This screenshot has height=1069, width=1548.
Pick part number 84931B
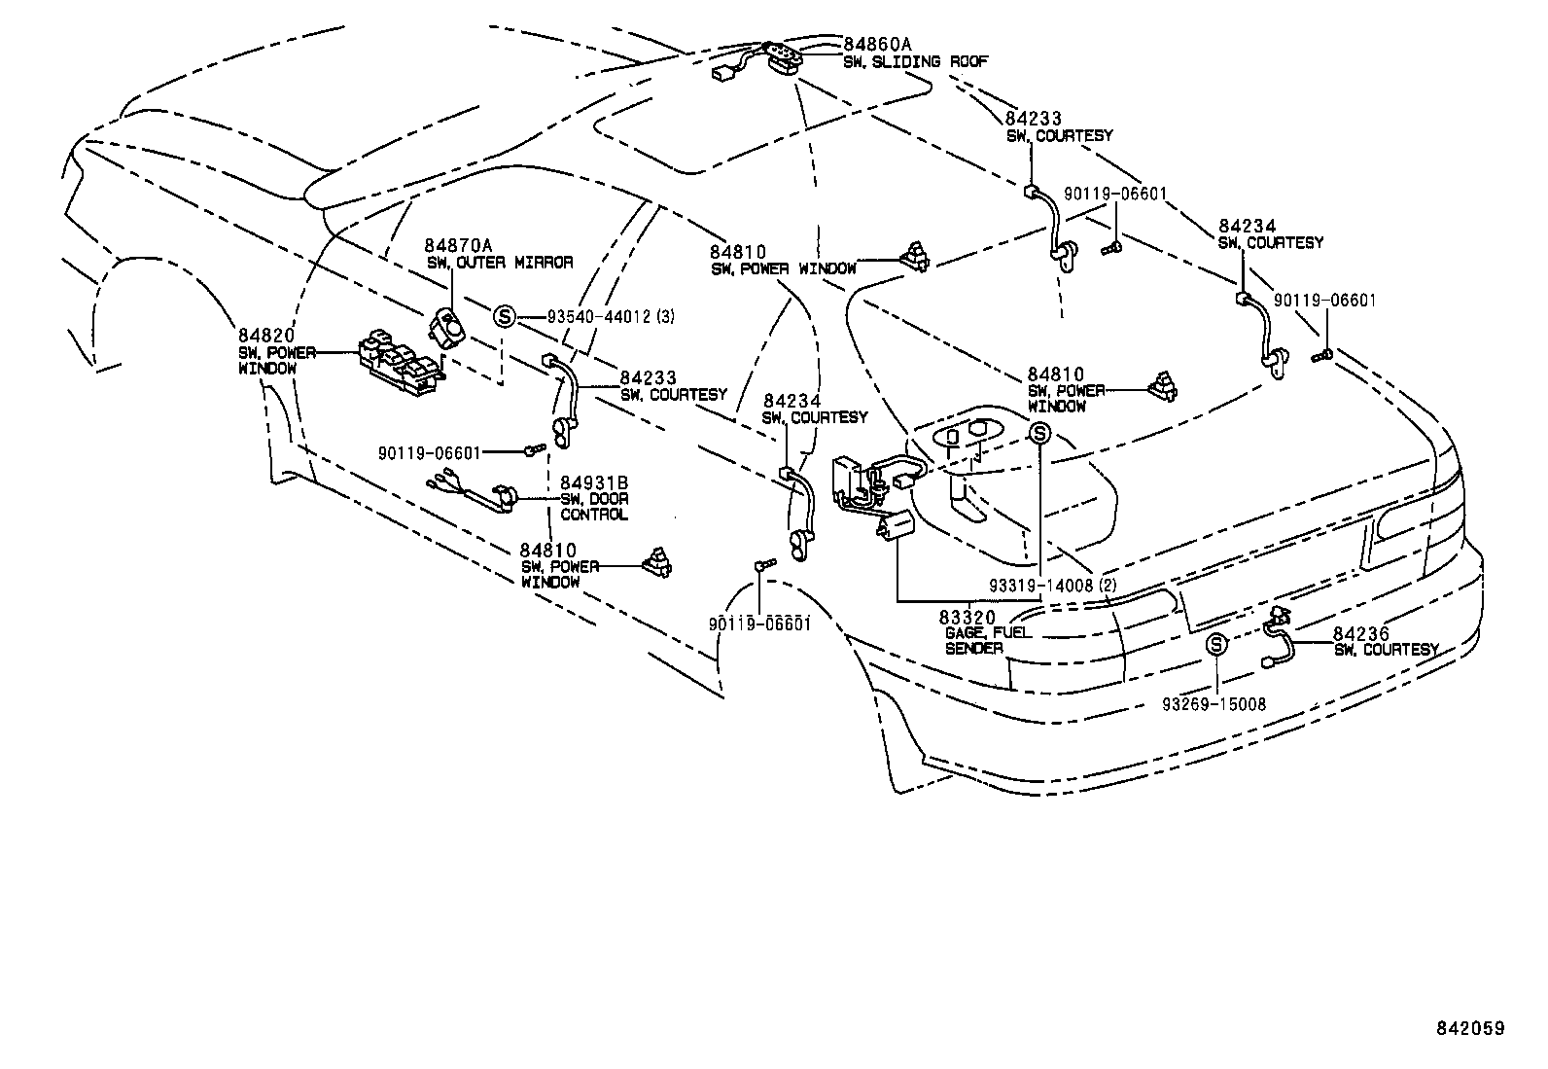click(593, 483)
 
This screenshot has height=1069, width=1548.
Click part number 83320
click(967, 617)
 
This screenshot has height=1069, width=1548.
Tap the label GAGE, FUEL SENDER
click(988, 640)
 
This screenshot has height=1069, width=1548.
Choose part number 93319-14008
click(1041, 586)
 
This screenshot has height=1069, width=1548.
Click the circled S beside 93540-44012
click(504, 315)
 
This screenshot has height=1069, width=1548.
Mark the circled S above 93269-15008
click(1215, 644)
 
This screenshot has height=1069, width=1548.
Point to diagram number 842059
click(1470, 1028)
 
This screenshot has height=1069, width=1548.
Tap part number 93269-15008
click(1215, 703)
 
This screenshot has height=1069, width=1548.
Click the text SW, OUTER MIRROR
click(499, 262)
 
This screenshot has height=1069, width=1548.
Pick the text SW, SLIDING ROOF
click(915, 61)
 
